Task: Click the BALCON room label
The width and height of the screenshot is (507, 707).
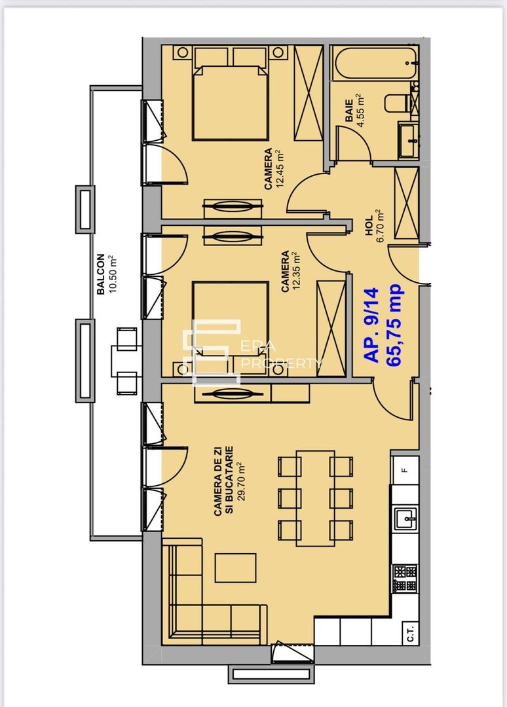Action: (100, 274)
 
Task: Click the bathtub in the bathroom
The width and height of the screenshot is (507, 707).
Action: (374, 64)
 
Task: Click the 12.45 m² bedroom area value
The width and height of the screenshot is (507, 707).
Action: (280, 169)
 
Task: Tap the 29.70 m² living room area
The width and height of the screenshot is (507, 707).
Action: (240, 480)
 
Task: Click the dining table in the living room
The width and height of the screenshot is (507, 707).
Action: (315, 498)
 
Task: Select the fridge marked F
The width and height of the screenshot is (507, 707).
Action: (405, 469)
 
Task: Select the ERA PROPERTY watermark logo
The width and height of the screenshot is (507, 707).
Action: (252, 353)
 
